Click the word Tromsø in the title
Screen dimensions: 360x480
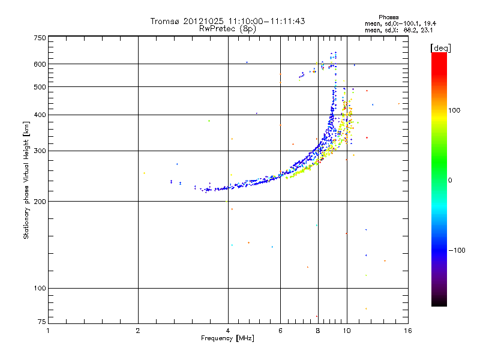click(x=165, y=21)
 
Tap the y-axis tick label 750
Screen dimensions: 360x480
click(x=40, y=38)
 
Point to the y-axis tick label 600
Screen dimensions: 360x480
click(x=40, y=64)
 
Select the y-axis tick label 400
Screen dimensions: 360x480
click(x=40, y=115)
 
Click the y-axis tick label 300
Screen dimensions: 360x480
click(x=40, y=151)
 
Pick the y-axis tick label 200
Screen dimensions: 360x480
click(x=40, y=202)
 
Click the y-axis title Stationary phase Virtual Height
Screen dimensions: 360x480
click(x=26, y=180)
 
